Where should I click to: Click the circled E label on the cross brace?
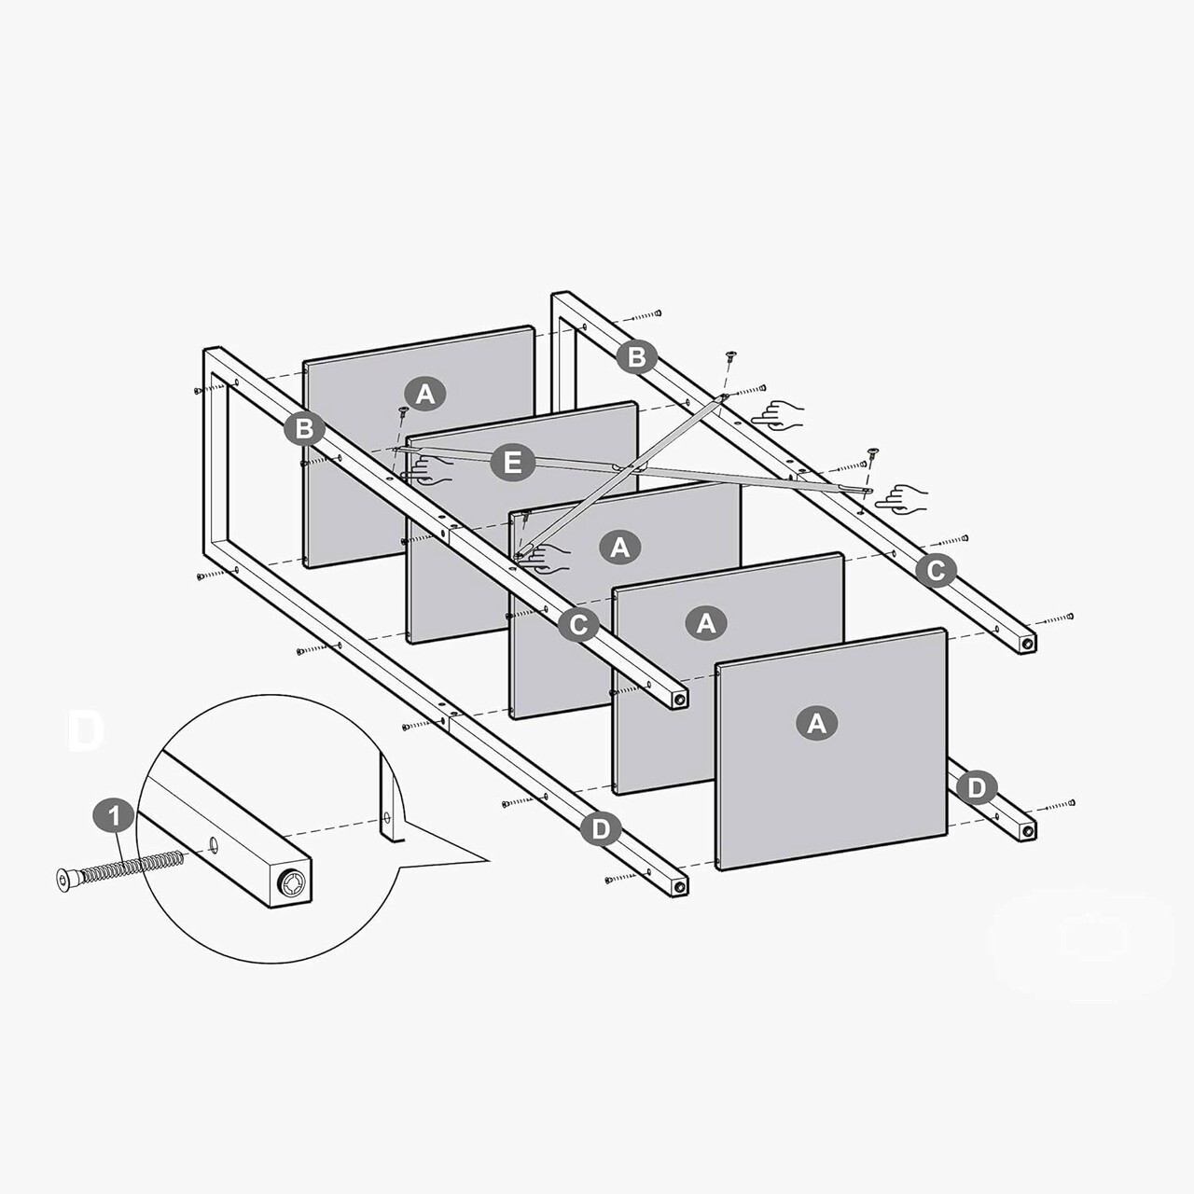click(x=512, y=463)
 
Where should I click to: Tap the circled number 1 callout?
click(x=114, y=816)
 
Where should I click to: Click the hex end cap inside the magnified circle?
click(x=291, y=882)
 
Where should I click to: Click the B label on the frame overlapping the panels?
click(x=304, y=428)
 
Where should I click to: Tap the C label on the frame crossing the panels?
click(x=578, y=625)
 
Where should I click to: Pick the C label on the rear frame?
click(x=937, y=570)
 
